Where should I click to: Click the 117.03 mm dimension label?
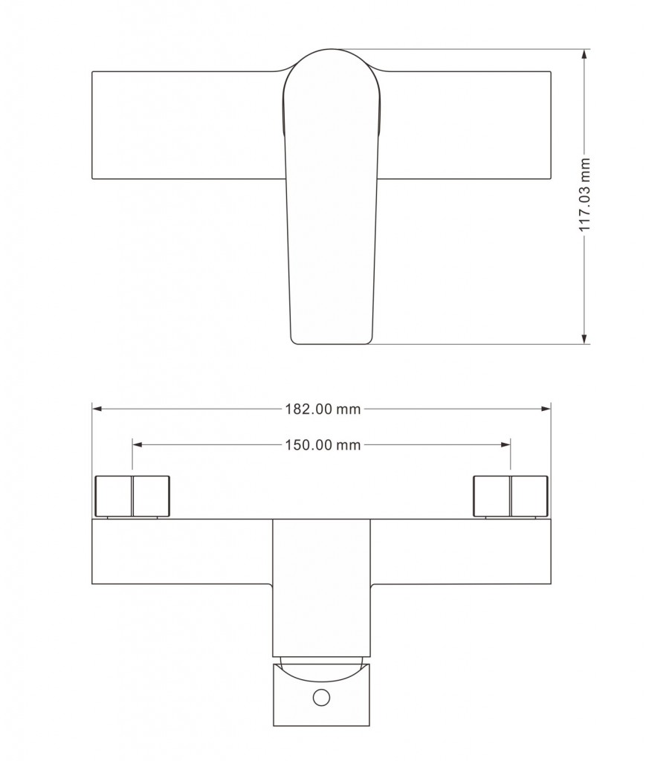585,195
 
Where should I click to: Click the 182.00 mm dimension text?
322,409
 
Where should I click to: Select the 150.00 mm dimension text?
322,444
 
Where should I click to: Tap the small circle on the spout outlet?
322,697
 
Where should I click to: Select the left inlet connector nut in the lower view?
133,495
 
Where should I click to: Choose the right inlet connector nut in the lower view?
511,495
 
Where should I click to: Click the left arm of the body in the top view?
186,125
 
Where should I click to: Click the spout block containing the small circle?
322,696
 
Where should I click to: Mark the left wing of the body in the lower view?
182,551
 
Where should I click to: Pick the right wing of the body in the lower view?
460,551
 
